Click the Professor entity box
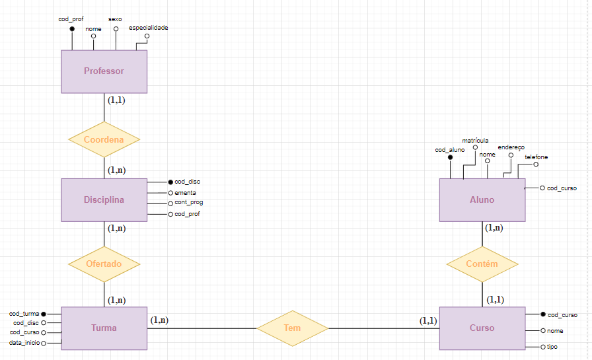tap(104, 71)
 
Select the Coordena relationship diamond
tap(104, 139)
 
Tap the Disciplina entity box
tap(104, 200)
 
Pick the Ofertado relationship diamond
tap(104, 264)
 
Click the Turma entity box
tap(104, 328)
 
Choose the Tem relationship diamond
tap(292, 328)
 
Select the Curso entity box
tap(482, 328)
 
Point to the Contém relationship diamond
tap(482, 264)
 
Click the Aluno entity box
tap(482, 200)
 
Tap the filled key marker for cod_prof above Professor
tap(71, 29)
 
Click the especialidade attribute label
tap(148, 28)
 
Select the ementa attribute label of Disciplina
tap(186, 192)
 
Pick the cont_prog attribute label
tap(188, 203)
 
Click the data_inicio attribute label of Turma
tap(24, 343)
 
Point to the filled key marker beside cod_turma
tap(44, 314)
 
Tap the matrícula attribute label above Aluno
tap(475, 140)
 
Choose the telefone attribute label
tap(536, 157)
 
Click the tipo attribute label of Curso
tap(552, 347)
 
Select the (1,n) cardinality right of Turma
tap(159, 320)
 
